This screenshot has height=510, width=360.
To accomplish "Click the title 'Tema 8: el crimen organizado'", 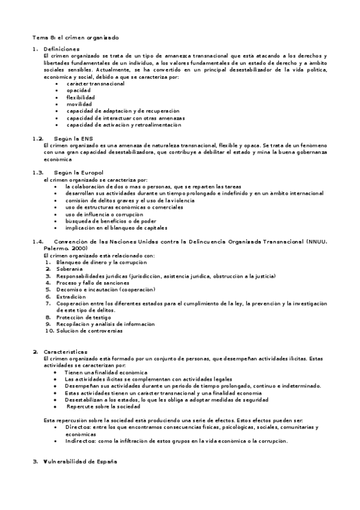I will pyautogui.click(x=75, y=37).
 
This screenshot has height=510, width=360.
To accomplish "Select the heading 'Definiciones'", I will pyautogui.click(x=61, y=49).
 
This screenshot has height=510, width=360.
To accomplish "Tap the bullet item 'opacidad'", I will pyautogui.click(x=78, y=90).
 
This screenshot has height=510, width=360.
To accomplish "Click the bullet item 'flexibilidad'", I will pyautogui.click(x=81, y=97).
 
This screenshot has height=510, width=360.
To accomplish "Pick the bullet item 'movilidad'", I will pyautogui.click(x=79, y=104).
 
